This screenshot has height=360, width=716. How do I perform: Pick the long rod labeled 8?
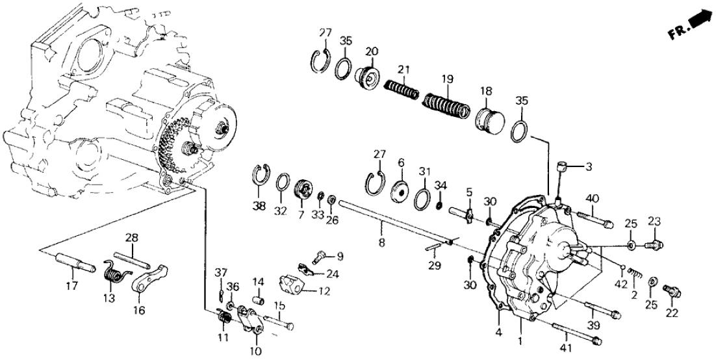tap(390, 222)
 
